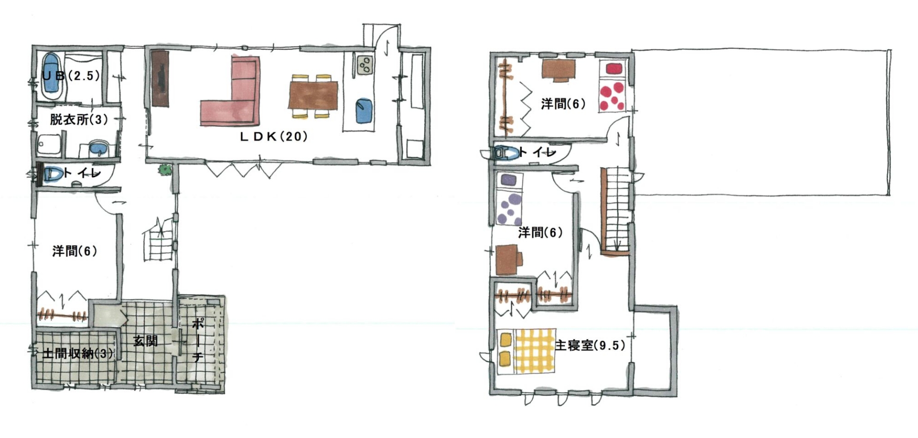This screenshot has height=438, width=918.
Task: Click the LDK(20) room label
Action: pyautogui.click(x=273, y=136)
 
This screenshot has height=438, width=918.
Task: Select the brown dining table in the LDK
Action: pyautogui.click(x=313, y=96)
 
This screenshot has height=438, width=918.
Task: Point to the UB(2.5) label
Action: pyautogui.click(x=71, y=76)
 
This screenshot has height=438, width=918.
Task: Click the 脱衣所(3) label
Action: pyautogui.click(x=79, y=119)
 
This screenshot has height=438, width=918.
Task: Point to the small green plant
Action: pyautogui.click(x=165, y=169)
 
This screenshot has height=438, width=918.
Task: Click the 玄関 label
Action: pyautogui.click(x=145, y=341)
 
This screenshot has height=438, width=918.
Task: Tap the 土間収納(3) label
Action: pyautogui.click(x=78, y=353)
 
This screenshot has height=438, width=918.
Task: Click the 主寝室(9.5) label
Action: pyautogui.click(x=590, y=345)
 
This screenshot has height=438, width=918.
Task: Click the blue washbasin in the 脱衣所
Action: pyautogui.click(x=98, y=148)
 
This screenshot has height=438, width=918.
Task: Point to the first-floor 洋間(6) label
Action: pyautogui.click(x=75, y=251)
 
